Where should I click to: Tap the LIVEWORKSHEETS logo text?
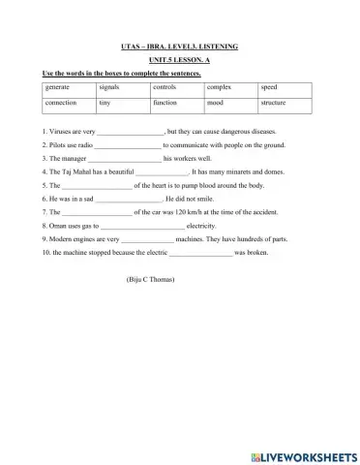coord(303,454)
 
